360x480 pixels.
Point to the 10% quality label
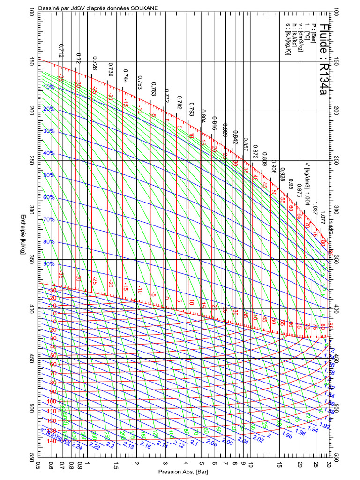pyautogui.click(x=49, y=87)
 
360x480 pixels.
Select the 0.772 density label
pyautogui.click(x=166, y=95)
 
